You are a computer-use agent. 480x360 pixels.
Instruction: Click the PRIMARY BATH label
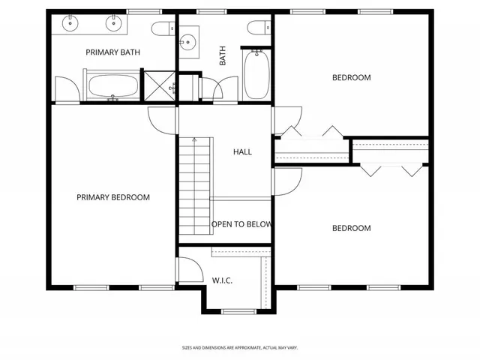[113, 52]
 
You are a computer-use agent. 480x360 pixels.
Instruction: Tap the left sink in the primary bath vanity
[70, 23]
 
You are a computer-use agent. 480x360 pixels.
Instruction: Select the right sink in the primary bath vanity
[115, 23]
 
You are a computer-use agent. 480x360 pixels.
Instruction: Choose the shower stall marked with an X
[158, 85]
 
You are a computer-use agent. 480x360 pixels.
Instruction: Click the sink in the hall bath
[187, 40]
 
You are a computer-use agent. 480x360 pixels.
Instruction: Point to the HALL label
[242, 152]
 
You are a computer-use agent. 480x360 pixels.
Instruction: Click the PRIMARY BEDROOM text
[113, 198]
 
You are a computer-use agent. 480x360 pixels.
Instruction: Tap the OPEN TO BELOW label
[241, 224]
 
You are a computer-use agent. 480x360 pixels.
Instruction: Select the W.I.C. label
[222, 280]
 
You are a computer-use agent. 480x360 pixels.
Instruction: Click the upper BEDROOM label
[351, 77]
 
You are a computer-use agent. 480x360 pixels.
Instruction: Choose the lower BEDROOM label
[351, 229]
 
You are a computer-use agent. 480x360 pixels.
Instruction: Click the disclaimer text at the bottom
[239, 347]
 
